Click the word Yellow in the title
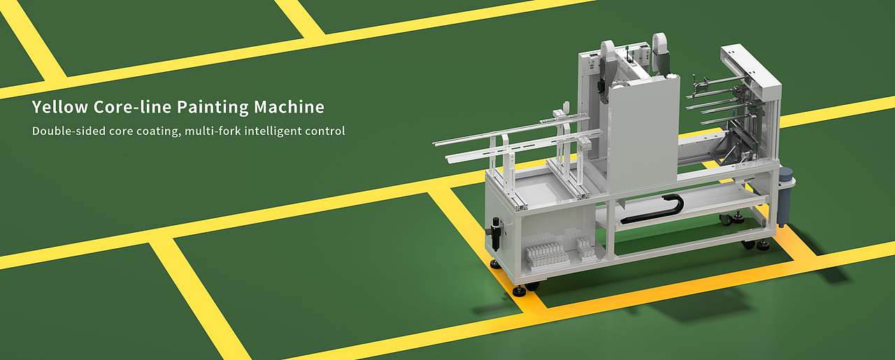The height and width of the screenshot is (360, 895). click(x=60, y=107)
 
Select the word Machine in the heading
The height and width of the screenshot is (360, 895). click(x=289, y=107)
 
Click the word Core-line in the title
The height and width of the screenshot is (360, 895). click(x=133, y=107)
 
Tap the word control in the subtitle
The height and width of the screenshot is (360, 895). click(x=325, y=131)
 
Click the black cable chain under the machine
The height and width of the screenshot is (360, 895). click(x=655, y=208)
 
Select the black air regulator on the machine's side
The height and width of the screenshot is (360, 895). click(x=496, y=233)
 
